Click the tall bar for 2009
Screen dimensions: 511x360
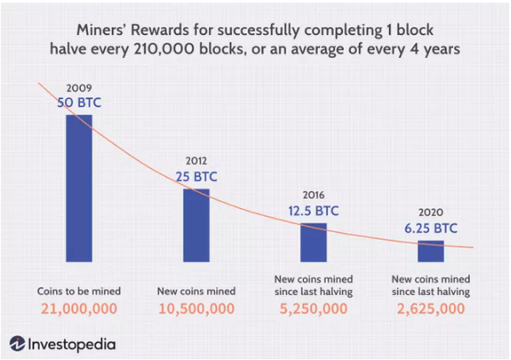[79, 189]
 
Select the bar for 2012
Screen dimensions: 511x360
[196, 225]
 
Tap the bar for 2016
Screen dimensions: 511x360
[313, 242]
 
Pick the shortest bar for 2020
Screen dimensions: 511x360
[431, 251]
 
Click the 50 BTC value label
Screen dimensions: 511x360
[79, 102]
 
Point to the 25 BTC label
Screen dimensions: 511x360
[196, 177]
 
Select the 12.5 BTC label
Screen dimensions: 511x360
[313, 211]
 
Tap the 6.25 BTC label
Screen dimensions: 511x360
[431, 229]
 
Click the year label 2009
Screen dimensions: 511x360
[79, 88]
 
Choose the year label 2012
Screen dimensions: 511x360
[196, 160]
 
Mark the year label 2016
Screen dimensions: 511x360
[313, 195]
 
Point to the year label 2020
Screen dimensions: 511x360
[431, 212]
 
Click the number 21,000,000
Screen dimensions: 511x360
[79, 309]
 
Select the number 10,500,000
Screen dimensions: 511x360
[196, 309]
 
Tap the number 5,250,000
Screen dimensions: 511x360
[313, 309]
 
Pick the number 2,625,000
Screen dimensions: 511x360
[431, 309]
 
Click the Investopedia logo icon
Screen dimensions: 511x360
[17, 344]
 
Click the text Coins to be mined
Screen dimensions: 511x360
[78, 291]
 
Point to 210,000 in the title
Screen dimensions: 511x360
[165, 49]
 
